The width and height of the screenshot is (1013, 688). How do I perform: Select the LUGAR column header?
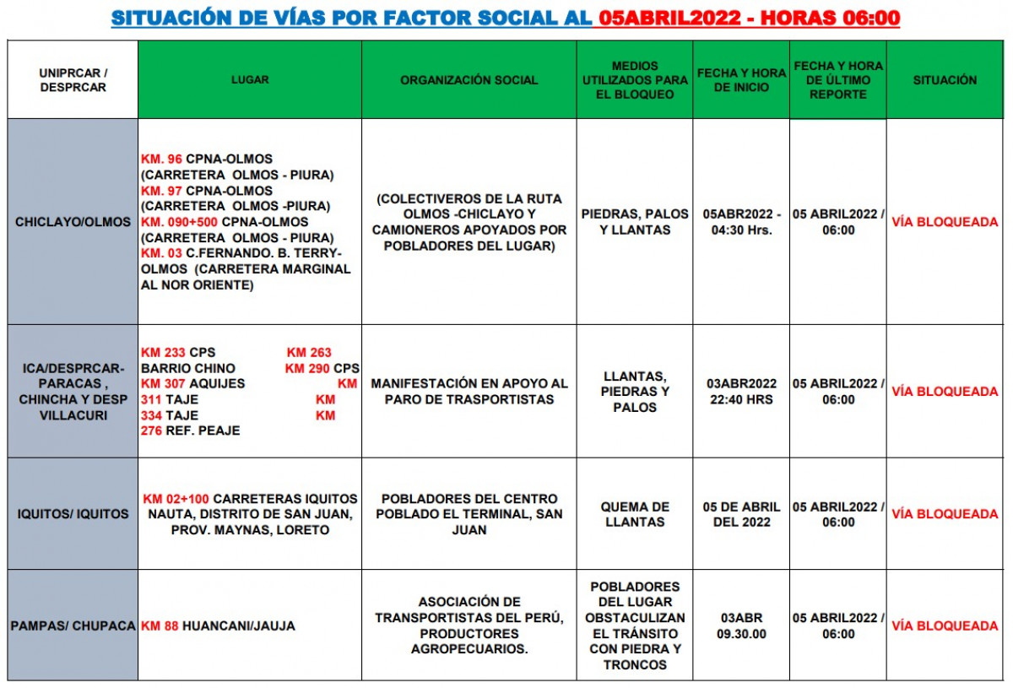250,80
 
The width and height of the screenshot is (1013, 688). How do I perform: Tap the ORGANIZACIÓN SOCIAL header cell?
469,80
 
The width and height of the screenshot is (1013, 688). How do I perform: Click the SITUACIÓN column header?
945,80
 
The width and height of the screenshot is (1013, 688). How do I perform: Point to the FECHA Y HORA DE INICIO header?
741,80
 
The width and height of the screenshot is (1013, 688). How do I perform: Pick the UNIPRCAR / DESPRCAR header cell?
73,80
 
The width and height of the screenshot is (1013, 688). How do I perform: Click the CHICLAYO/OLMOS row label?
73,222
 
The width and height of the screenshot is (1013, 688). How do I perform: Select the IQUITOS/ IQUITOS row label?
73,514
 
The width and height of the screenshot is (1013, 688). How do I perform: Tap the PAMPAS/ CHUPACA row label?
73,626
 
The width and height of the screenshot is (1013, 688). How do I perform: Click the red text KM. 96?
162,160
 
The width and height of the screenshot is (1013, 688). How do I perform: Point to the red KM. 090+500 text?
180,222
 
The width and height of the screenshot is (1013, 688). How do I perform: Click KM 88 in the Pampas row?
160,626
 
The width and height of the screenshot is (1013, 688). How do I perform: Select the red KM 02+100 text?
176,499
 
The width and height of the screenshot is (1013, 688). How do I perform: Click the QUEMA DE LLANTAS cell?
635,514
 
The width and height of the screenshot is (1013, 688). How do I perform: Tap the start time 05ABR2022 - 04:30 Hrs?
741,222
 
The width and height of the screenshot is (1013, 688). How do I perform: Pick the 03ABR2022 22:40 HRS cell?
741,392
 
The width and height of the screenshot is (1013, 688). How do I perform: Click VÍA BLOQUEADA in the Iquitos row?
945,514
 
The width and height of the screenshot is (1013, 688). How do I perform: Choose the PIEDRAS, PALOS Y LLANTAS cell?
635,222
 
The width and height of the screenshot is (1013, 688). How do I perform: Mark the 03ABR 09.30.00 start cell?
741,626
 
